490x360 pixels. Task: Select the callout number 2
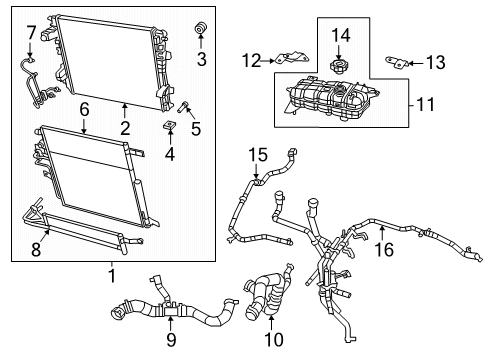125,127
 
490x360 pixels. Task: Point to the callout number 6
85,107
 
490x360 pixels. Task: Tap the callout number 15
259,155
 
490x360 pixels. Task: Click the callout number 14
340,36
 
